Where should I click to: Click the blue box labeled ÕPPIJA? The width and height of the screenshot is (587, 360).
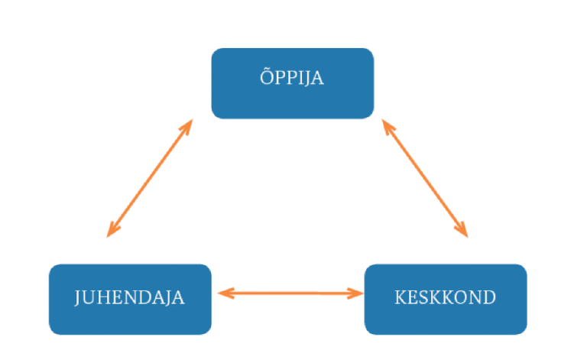293,83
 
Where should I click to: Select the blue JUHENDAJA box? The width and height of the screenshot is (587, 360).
130,300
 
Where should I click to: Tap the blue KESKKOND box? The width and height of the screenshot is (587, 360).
446,300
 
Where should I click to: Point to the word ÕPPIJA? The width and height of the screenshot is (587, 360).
292,77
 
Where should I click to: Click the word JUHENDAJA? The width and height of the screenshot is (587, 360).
129,298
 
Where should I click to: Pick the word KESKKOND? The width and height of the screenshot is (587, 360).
445,297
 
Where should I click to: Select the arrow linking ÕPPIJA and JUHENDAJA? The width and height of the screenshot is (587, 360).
150,178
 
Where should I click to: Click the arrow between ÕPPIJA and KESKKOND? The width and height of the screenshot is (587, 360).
425,178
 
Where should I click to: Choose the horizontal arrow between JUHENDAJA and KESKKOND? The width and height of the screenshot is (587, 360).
290,294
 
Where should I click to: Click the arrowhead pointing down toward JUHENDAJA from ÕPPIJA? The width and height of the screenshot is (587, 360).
112,229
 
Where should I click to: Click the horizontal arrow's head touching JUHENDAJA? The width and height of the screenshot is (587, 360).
225,294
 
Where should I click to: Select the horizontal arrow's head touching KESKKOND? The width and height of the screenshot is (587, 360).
355,294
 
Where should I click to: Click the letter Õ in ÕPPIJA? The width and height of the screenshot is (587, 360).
267,77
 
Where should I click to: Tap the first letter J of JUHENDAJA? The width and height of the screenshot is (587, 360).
77,298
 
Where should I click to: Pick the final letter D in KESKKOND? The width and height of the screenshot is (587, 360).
488,297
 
